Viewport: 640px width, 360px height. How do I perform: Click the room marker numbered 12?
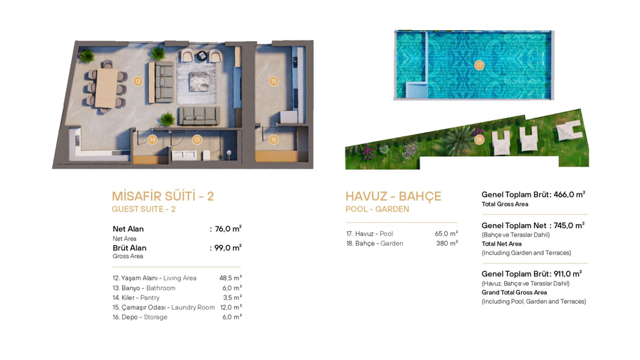[138, 81]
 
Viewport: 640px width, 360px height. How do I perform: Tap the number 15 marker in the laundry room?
[273, 81]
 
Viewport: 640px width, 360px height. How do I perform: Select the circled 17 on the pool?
[479, 65]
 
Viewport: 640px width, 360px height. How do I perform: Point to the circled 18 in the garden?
[479, 139]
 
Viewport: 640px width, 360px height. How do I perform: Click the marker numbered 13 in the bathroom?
[197, 139]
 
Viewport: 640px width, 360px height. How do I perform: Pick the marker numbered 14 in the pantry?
[152, 139]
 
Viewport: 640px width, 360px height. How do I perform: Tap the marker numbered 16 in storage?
[273, 139]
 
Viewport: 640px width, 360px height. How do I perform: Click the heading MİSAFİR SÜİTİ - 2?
[163, 196]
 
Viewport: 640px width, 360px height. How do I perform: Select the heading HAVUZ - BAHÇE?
[394, 196]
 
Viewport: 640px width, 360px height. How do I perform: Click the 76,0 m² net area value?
[228, 229]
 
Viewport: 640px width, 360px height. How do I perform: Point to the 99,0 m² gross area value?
[228, 248]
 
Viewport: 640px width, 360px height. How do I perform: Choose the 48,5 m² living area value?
[231, 278]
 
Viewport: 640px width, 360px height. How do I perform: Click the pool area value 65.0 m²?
[446, 234]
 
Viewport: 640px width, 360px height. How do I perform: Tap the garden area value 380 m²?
[447, 244]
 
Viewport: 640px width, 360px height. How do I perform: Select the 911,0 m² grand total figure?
[567, 274]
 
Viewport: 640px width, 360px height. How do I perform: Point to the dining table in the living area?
[107, 88]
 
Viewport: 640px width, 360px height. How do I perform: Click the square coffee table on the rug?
[199, 82]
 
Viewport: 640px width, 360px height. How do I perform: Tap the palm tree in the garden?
[460, 140]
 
